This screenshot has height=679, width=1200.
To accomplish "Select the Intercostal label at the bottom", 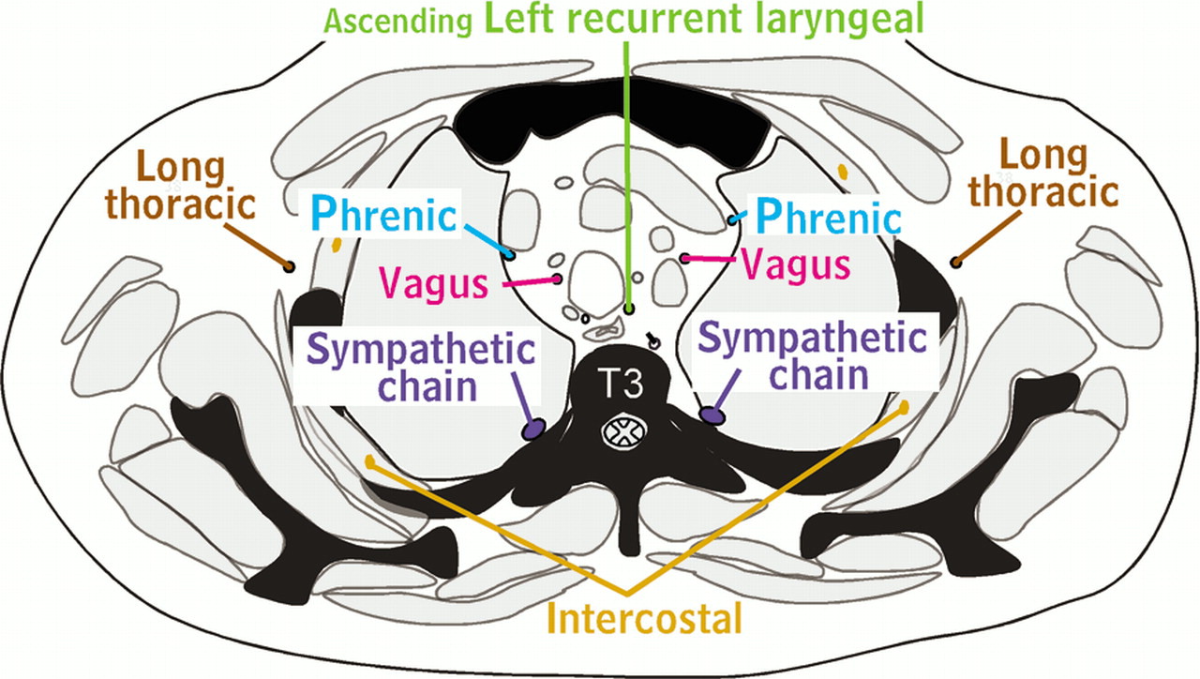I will tap(646, 619).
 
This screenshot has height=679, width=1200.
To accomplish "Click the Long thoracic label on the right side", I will tap(1044, 174).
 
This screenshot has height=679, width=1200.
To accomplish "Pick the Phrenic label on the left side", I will tap(383, 217).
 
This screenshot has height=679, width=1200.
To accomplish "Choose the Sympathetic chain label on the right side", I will tap(813, 354).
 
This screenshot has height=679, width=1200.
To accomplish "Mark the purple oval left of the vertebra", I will tap(533, 430).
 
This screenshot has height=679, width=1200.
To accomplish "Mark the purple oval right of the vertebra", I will tap(712, 413).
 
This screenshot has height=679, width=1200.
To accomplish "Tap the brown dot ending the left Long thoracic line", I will tap(289, 267).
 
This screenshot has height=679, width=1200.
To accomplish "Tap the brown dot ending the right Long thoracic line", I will tap(955, 263).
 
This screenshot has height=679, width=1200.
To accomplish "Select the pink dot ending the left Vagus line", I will tap(560, 279).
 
